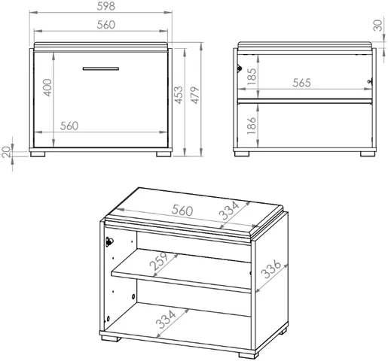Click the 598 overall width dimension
(106, 7)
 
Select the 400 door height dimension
(47, 87)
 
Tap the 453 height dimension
(179, 95)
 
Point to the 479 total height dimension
(195, 95)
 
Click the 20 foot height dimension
(7, 152)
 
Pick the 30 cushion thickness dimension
(377, 26)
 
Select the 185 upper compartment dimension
(252, 77)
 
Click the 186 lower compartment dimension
(252, 126)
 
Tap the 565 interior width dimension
(301, 83)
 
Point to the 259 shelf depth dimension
(158, 261)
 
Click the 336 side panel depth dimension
(271, 269)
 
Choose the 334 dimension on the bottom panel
(166, 320)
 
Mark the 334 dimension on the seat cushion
(229, 211)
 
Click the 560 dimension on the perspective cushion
(182, 211)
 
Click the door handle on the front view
(101, 68)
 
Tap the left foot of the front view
(38, 154)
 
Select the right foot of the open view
(368, 154)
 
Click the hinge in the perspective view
(109, 242)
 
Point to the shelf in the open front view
(305, 102)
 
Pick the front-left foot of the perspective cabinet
(111, 338)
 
